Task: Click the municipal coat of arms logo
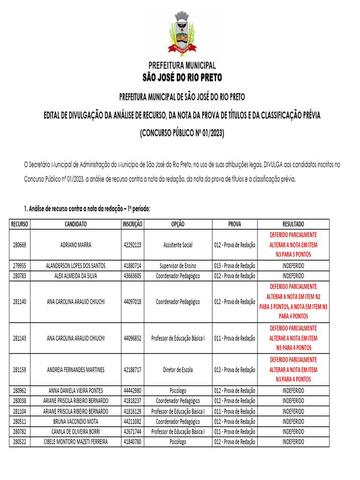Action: click(x=182, y=34)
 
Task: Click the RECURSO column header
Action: click(x=20, y=224)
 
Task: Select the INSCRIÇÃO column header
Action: click(x=133, y=224)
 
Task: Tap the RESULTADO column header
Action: click(x=293, y=224)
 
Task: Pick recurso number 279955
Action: click(x=20, y=266)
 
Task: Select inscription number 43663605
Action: click(x=133, y=276)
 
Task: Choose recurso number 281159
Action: click(x=20, y=369)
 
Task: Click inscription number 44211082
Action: click(x=133, y=421)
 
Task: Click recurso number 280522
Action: click(x=20, y=442)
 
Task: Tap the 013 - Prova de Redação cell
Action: click(x=234, y=266)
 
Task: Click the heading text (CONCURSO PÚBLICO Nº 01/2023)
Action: click(x=182, y=134)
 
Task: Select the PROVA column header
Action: click(x=234, y=224)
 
